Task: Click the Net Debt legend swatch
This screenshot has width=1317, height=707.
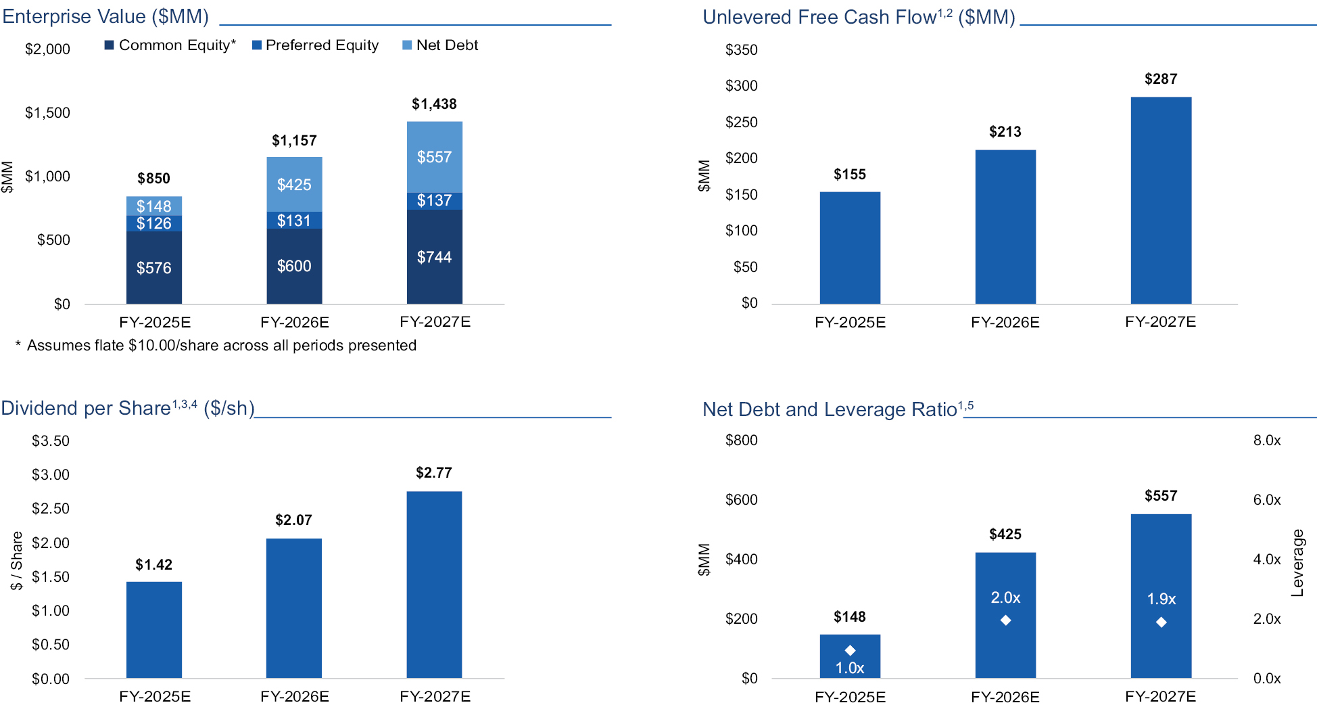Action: (407, 45)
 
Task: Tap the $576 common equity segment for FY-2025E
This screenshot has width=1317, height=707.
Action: (154, 268)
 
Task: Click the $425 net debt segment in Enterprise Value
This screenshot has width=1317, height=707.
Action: (294, 185)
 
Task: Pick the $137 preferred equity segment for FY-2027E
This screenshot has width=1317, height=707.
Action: (434, 201)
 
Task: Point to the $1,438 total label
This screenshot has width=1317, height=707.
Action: (434, 104)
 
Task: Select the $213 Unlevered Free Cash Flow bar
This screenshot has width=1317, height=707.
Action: (1005, 227)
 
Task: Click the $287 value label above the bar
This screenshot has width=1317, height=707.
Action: (1161, 79)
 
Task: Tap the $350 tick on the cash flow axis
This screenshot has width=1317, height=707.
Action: (741, 50)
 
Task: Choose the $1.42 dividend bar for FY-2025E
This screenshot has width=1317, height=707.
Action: (154, 629)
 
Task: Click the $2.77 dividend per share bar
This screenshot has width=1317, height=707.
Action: (434, 585)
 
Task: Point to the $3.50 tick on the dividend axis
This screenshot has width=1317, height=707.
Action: (51, 441)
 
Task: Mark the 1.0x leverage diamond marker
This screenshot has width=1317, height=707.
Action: (850, 650)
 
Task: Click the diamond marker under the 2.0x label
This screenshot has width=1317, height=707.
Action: (1005, 620)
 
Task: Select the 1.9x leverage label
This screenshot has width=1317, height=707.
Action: (1161, 599)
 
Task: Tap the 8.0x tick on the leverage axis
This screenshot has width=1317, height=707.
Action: (1267, 440)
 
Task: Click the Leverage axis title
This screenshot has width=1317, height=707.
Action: (1297, 563)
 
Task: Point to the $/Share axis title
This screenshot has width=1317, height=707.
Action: (16, 561)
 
